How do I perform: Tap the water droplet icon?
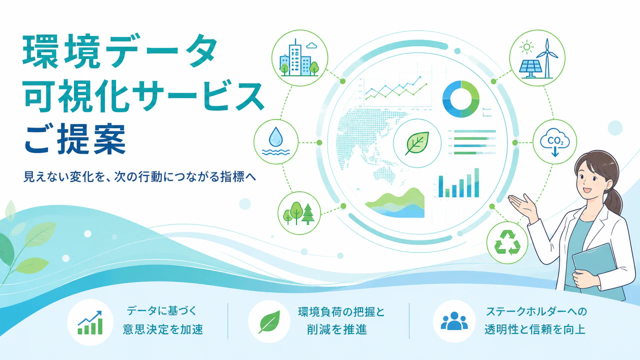click(x=275, y=137)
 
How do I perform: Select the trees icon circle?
click(x=299, y=213)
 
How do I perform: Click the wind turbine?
click(x=547, y=58)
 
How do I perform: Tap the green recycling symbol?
click(x=507, y=242)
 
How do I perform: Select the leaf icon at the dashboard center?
click(x=417, y=143)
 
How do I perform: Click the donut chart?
click(x=461, y=99)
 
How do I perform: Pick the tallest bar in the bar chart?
click(x=476, y=182)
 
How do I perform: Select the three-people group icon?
click(x=454, y=321)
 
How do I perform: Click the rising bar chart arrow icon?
click(x=90, y=322)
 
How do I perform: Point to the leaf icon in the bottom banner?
click(x=269, y=321)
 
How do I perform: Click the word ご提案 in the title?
click(x=75, y=139)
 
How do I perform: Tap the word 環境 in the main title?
click(x=61, y=51)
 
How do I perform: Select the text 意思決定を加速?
click(x=163, y=329)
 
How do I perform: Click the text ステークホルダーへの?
click(x=536, y=311)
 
